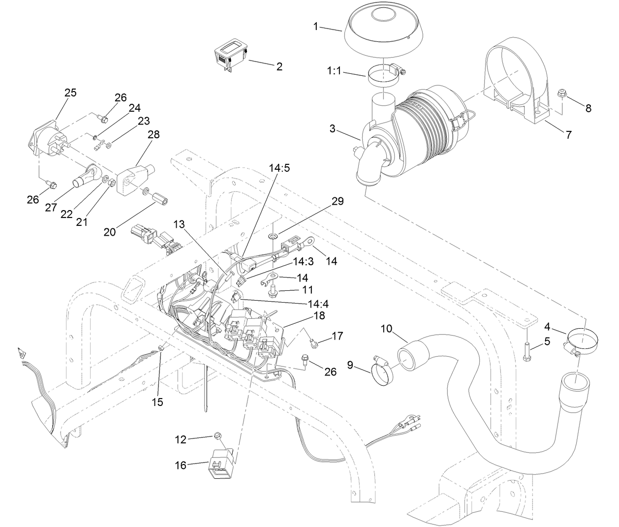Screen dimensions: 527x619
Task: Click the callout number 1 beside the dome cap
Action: pyautogui.click(x=316, y=27)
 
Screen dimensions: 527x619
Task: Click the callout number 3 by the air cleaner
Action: pyautogui.click(x=333, y=129)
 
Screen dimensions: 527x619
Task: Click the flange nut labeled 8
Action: pyautogui.click(x=561, y=93)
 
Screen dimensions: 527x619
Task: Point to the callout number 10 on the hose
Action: pyautogui.click(x=386, y=328)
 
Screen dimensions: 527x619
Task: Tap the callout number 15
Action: pyautogui.click(x=157, y=402)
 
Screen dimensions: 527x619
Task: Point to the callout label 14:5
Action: pyautogui.click(x=279, y=168)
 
